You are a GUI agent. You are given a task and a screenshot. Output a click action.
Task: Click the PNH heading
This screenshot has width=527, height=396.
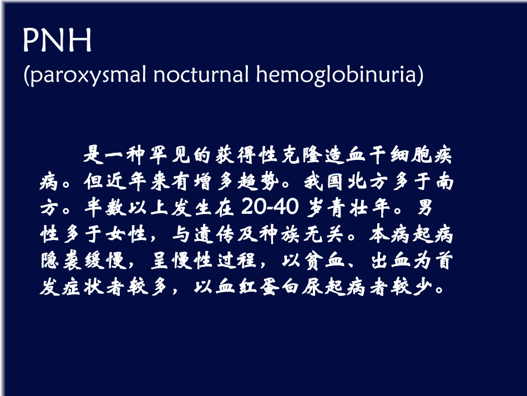57,42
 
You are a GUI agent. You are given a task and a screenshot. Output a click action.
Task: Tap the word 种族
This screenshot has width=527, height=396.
280,235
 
